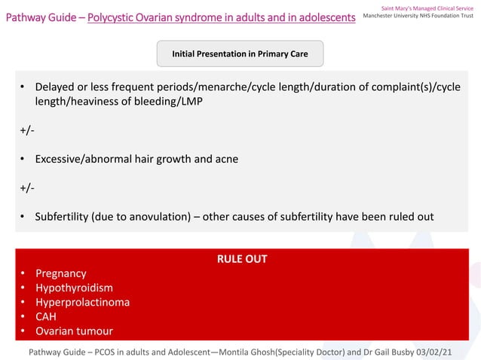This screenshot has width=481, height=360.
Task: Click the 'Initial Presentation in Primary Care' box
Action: [x=240, y=54]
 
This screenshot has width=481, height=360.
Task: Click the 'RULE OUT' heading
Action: [x=241, y=259]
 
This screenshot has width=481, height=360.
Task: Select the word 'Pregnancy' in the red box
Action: [x=60, y=273]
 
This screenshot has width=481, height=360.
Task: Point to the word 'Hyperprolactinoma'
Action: [x=82, y=302]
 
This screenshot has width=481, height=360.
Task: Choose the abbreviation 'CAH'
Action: [x=46, y=316]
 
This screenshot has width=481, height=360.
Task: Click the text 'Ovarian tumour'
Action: [x=74, y=331]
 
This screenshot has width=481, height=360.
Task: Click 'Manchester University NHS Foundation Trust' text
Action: [x=418, y=16]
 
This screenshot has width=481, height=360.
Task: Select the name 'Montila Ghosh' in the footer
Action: [x=252, y=352]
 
